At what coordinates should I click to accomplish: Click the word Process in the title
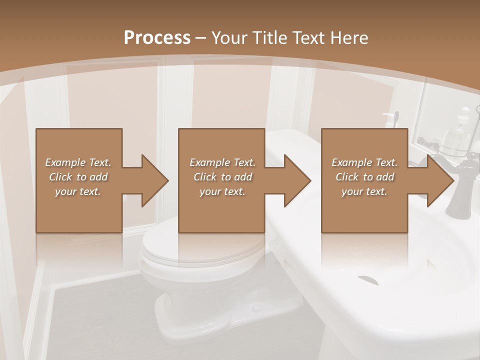click(157, 37)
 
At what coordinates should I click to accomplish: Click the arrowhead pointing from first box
click(153, 180)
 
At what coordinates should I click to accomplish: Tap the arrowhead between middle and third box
click(296, 180)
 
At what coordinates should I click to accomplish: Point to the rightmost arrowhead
click(439, 180)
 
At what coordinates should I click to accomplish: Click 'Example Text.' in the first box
click(78, 162)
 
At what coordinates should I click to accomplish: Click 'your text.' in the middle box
click(222, 191)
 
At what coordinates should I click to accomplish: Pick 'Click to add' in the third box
click(364, 177)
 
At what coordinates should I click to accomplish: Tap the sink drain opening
click(368, 280)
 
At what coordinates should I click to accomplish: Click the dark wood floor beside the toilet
click(95, 320)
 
